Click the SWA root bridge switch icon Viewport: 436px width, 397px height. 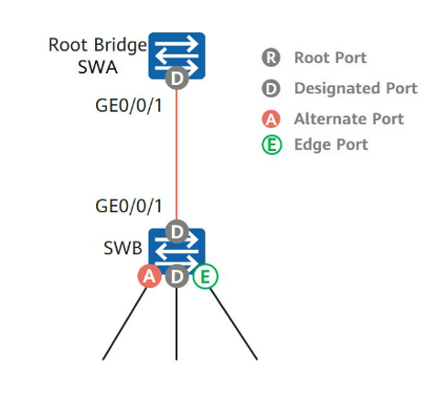coord(176,56)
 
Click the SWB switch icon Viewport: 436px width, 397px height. coord(176,252)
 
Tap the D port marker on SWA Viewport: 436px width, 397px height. coord(176,78)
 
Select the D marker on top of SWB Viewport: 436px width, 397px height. coord(176,231)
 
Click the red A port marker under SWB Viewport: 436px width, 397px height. coord(149,276)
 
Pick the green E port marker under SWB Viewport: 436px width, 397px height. coord(206,276)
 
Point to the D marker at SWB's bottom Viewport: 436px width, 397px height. coord(176,276)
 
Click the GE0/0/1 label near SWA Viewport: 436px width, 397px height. coord(129,106)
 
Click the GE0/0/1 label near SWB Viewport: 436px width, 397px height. coord(129,206)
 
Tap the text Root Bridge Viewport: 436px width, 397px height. coord(98,45)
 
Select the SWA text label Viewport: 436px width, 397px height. coord(98,67)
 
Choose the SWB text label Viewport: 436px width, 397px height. coord(122,248)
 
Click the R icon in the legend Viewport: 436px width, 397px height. coord(271,58)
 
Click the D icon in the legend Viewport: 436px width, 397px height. coord(271,89)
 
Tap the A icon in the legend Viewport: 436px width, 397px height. coord(271,119)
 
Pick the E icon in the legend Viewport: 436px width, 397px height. coord(271,145)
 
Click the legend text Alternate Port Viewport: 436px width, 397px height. coord(349,119)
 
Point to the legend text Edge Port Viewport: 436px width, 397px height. coord(331,145)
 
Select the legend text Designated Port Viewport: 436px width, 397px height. coord(356,89)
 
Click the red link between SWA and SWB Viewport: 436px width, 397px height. coord(176,155)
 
